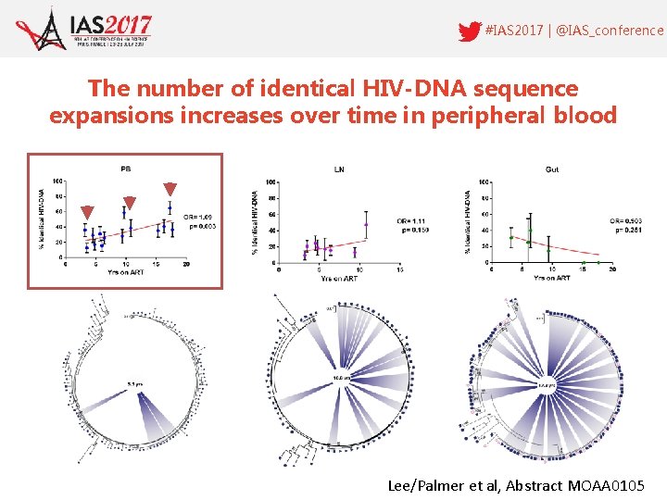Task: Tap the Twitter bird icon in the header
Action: (470, 31)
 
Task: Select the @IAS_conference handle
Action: (611, 31)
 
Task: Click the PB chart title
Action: (125, 169)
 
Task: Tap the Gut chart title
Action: (552, 169)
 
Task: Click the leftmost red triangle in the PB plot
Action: (87, 212)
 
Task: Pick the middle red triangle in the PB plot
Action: (130, 203)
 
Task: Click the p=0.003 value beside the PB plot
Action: (202, 225)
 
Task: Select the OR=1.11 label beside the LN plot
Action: (412, 221)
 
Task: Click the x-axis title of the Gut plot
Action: (552, 278)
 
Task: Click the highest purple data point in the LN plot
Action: (367, 224)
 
